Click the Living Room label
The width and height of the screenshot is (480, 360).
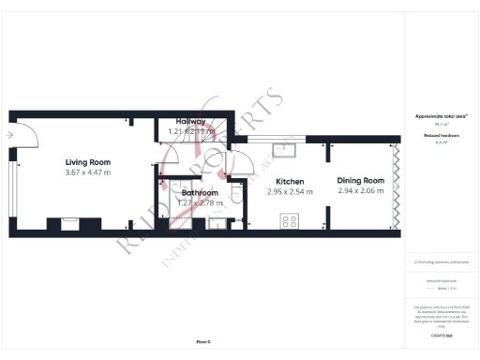pos(87,161)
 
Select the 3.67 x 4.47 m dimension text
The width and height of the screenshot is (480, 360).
pos(87,172)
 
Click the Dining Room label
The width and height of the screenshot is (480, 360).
pos(361,180)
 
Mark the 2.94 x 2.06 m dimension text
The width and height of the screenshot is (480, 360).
pos(361,191)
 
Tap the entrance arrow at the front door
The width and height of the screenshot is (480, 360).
pos(8,136)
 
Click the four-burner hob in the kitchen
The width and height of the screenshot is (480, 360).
pos(290,222)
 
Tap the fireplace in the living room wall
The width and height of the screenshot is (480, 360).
pos(68,223)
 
